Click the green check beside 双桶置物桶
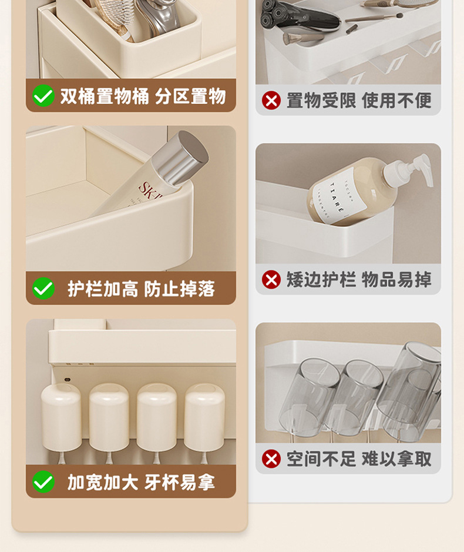[x=43, y=95]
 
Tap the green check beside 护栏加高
[x=43, y=288]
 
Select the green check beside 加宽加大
[x=43, y=481]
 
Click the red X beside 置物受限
[x=271, y=101]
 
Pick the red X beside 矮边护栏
[x=271, y=279]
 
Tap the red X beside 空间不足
[x=271, y=459]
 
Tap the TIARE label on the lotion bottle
[x=335, y=200]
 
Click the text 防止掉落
[x=179, y=289]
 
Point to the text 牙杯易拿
[x=179, y=482]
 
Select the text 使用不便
[x=396, y=101]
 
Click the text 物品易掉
[x=396, y=279]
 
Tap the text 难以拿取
[x=396, y=459]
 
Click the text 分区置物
[x=190, y=96]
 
